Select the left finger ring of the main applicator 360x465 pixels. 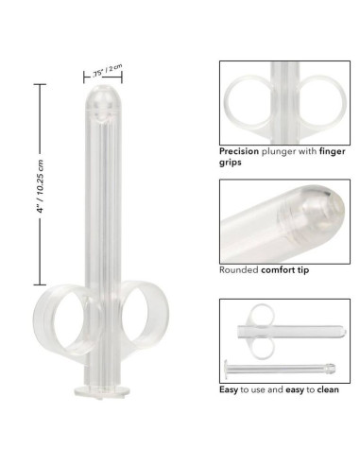[59, 326]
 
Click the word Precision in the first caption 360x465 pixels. [240, 151]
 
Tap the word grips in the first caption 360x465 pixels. [231, 163]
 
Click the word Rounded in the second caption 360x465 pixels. [239, 269]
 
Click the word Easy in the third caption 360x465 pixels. [230, 388]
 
